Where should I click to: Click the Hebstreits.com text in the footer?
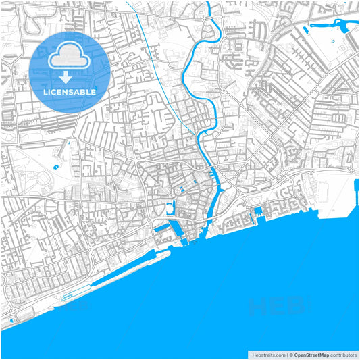[268, 354]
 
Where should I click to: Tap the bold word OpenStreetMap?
[311, 354]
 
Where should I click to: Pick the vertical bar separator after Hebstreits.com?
[286, 354]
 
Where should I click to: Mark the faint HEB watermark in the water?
[277, 307]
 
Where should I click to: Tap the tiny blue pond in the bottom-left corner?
[11, 318]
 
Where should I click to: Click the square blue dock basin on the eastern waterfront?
[257, 215]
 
